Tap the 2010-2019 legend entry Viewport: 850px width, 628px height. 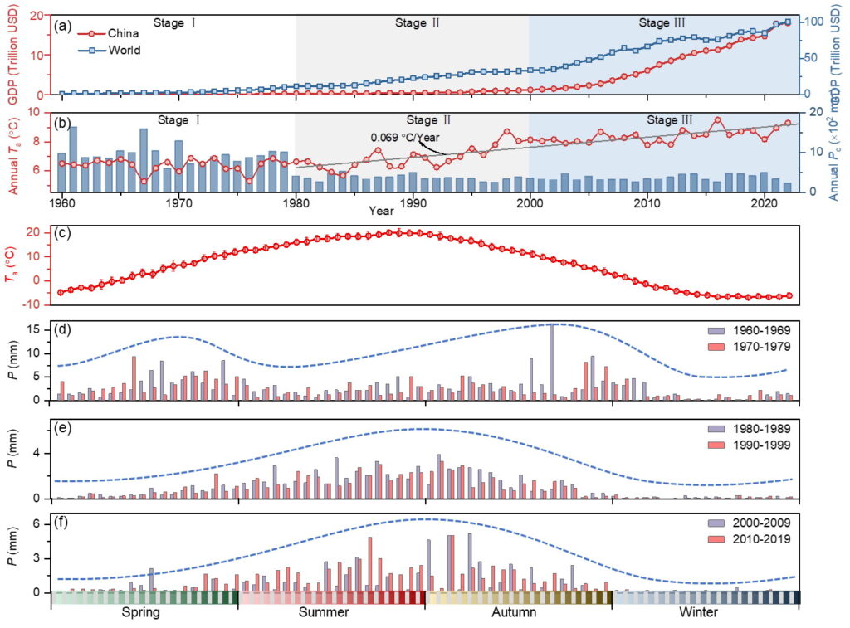pos(755,539)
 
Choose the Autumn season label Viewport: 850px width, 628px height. pos(515,613)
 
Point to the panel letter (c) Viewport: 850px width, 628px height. pos(61,233)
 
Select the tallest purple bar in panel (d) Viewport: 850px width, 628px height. pos(551,362)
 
